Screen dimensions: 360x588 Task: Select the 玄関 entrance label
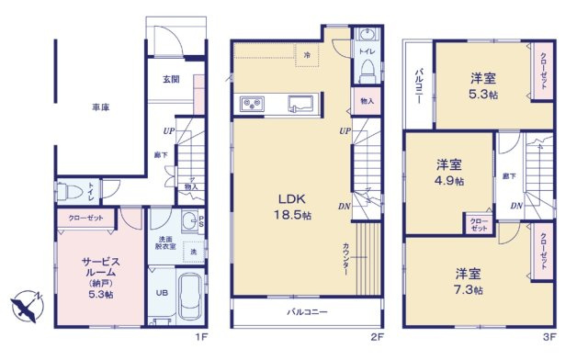tap(172, 79)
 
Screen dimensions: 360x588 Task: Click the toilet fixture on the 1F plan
tap(67, 192)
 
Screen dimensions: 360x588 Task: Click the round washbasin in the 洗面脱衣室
tap(189, 220)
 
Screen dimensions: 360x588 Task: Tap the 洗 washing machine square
tap(193, 251)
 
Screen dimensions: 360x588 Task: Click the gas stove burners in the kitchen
tap(253, 103)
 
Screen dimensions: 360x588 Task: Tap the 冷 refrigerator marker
tap(308, 56)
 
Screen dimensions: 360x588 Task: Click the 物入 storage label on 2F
tap(367, 101)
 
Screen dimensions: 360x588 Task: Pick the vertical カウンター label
tap(345, 253)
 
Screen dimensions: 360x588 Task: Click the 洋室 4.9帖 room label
tap(448, 172)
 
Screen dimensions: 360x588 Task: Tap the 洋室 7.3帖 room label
tap(469, 281)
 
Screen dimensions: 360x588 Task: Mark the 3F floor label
tap(548, 337)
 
